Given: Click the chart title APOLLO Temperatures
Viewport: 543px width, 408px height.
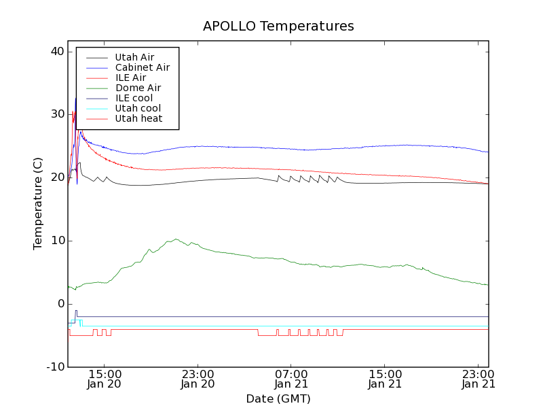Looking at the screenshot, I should [x=278, y=27].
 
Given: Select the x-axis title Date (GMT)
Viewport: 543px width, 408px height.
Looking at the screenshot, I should [x=278, y=398].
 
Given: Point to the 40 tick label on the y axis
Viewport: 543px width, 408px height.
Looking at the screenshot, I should [x=56, y=52].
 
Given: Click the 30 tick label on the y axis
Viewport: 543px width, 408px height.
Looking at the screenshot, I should [x=56, y=114].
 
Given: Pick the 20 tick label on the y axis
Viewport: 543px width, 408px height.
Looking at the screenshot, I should [x=56, y=177].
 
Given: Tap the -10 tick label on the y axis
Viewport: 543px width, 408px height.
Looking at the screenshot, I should [x=54, y=367].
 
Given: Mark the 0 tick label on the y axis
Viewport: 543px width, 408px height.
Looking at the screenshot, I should [x=60, y=304].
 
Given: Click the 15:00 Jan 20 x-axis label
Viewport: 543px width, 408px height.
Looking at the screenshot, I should [x=105, y=379].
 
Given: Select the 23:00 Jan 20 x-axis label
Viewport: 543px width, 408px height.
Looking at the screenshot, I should [x=198, y=379].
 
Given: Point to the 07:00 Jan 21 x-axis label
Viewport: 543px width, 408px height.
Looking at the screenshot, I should [x=291, y=379].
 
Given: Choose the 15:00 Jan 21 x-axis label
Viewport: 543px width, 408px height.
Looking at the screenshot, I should [x=385, y=379].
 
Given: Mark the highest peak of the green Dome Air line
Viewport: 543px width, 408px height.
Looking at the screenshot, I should [x=176, y=239].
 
